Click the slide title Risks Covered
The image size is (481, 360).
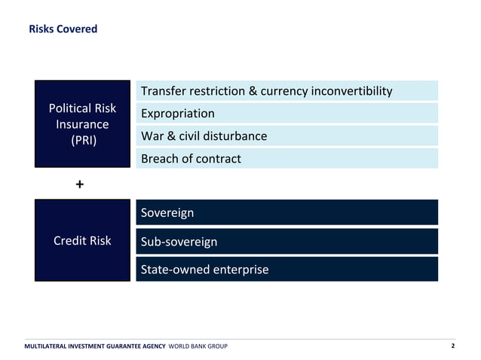click(x=63, y=29)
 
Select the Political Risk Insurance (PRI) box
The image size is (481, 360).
click(x=82, y=124)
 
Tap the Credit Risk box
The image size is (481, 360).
click(x=82, y=240)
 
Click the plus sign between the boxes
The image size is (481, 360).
click(x=80, y=184)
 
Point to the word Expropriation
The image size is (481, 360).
click(x=177, y=113)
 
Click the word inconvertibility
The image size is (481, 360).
click(x=350, y=91)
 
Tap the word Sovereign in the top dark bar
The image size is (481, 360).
click(x=167, y=212)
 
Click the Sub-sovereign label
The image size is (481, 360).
click(x=179, y=242)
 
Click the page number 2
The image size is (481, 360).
click(x=452, y=346)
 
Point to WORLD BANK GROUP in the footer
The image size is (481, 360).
click(x=198, y=346)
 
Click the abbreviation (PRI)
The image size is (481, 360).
click(x=83, y=140)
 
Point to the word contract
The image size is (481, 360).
click(x=218, y=158)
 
